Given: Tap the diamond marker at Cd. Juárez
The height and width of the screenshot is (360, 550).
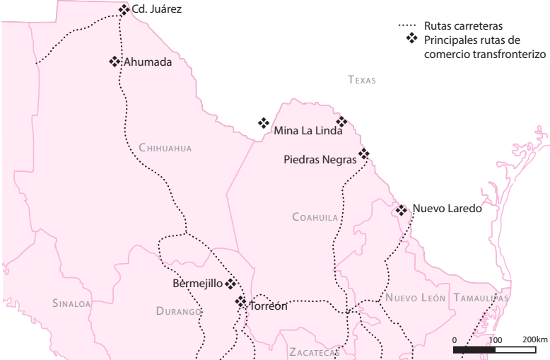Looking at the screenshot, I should (x=124, y=10).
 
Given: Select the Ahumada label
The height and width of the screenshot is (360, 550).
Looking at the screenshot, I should (x=148, y=62).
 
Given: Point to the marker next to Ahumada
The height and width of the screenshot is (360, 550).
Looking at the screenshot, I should (x=115, y=62).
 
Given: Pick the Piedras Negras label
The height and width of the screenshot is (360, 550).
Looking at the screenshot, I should (x=320, y=160).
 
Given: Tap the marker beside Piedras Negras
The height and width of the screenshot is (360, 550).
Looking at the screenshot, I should (x=363, y=153).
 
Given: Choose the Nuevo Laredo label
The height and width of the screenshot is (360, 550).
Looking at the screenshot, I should (x=447, y=209).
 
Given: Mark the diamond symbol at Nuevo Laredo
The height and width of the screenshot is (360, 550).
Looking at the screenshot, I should (x=401, y=210).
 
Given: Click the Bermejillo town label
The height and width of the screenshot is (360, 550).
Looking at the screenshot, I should (x=198, y=284).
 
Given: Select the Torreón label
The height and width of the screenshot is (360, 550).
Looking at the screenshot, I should (x=269, y=306).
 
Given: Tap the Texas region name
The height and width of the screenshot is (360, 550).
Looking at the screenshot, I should (x=361, y=81).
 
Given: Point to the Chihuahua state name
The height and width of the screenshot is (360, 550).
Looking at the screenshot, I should (x=165, y=148).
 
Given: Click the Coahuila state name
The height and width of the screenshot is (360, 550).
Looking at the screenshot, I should (x=315, y=217).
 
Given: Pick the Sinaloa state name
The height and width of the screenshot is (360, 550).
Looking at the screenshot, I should (x=71, y=303).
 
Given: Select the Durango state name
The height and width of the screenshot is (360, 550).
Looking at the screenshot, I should (x=179, y=311).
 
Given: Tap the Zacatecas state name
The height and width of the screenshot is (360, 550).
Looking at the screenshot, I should (x=315, y=352).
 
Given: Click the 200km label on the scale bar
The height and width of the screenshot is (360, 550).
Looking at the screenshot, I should (x=536, y=340).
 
